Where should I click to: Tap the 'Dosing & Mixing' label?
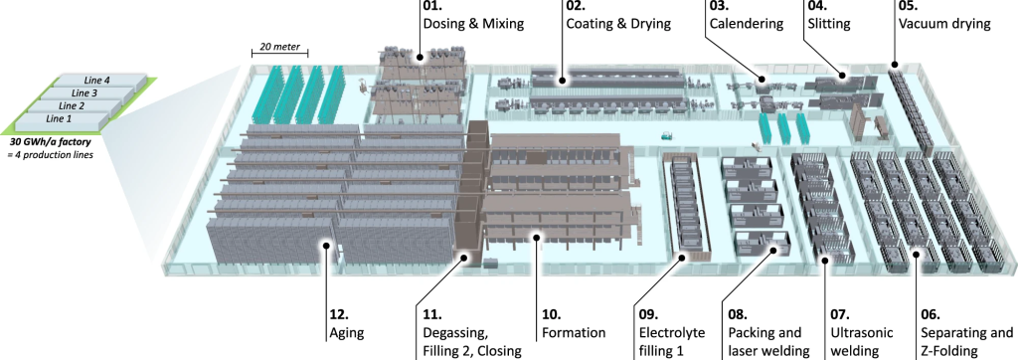point(473,25)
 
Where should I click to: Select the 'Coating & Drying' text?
point(618,25)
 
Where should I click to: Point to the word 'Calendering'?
point(747,25)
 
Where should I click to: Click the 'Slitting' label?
point(829,25)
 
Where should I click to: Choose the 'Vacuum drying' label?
point(944,25)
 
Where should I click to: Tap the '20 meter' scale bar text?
point(278,47)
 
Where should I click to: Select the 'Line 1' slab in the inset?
point(59,119)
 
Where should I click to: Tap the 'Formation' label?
point(574,333)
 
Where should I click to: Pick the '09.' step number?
point(647,315)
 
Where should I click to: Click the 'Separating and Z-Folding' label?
point(966,342)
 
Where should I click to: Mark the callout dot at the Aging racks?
point(325,245)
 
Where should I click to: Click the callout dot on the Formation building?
point(536,238)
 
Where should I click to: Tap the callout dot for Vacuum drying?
point(894,65)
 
